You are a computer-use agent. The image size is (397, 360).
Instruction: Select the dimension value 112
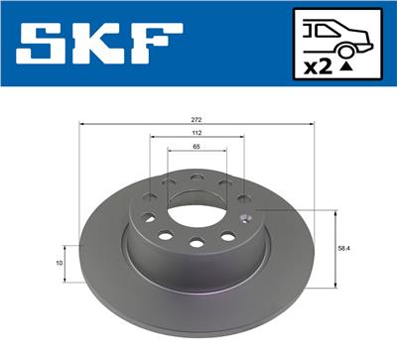coord(198,133)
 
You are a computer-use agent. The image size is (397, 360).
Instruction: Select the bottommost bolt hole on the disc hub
coord(197,244)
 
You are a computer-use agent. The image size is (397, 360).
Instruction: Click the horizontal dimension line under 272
coord(198,125)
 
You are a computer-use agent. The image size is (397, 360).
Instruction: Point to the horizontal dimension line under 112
coord(198,140)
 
